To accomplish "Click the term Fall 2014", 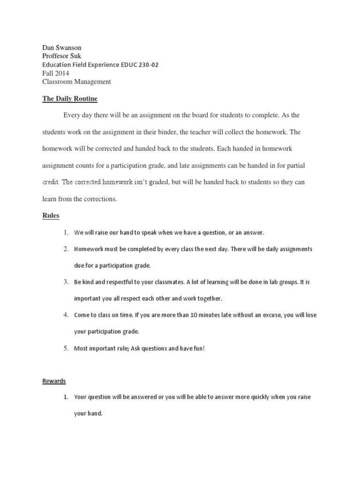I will (55, 73).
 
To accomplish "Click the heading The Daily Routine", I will (70, 98).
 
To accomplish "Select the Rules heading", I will (51, 216).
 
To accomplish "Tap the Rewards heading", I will (54, 381).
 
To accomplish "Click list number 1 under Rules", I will (66, 232).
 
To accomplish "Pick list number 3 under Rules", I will (66, 282).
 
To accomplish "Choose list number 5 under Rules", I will (66, 348).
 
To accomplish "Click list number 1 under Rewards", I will (66, 397).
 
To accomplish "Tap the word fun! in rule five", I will (198, 348).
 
